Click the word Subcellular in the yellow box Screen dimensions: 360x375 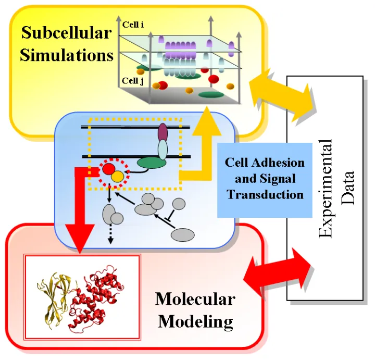point(66,34)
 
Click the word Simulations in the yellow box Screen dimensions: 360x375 point(66,55)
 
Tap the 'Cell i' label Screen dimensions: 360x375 point(133,24)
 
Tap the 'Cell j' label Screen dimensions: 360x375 point(133,81)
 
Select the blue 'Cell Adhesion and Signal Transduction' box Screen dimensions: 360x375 point(265,179)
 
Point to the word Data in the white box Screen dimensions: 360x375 point(347,188)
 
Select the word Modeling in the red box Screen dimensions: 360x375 point(195,321)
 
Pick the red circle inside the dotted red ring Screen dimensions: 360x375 point(108,169)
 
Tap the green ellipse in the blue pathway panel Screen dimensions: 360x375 point(152,164)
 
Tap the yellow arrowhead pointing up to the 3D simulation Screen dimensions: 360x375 point(207,118)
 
